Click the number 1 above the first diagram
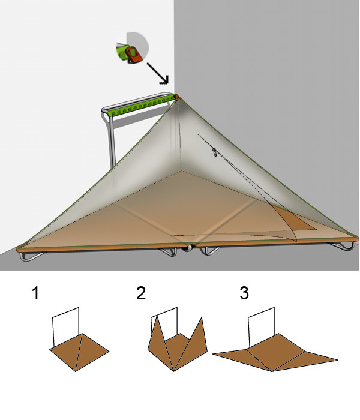[x=35, y=293]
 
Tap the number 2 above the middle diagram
[x=141, y=293]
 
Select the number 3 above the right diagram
[x=244, y=293]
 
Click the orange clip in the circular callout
[x=134, y=55]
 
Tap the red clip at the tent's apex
[x=176, y=97]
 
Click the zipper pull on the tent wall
[x=214, y=152]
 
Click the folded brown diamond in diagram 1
[x=79, y=352]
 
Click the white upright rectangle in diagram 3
[x=261, y=326]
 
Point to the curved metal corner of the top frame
[x=104, y=110]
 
